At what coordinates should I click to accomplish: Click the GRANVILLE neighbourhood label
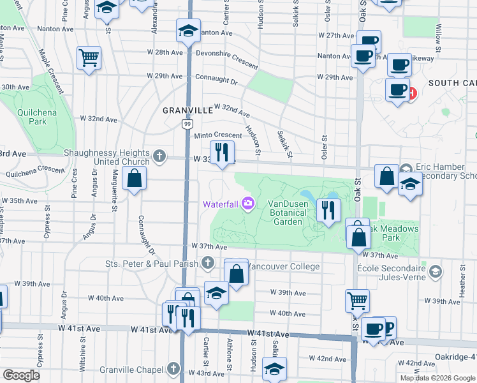pos(187,110)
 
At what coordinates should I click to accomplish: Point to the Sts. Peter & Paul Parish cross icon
pos(208,262)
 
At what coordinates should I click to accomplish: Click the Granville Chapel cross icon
pos(173,368)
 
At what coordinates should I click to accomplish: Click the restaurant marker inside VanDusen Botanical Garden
pos(328,210)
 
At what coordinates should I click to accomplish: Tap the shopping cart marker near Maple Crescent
pos(89,57)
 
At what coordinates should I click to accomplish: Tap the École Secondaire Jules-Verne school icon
pos(435,272)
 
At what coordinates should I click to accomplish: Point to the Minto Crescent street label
pos(218,135)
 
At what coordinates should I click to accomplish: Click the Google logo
pos(21,375)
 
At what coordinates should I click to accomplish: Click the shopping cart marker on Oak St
pos(357,299)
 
